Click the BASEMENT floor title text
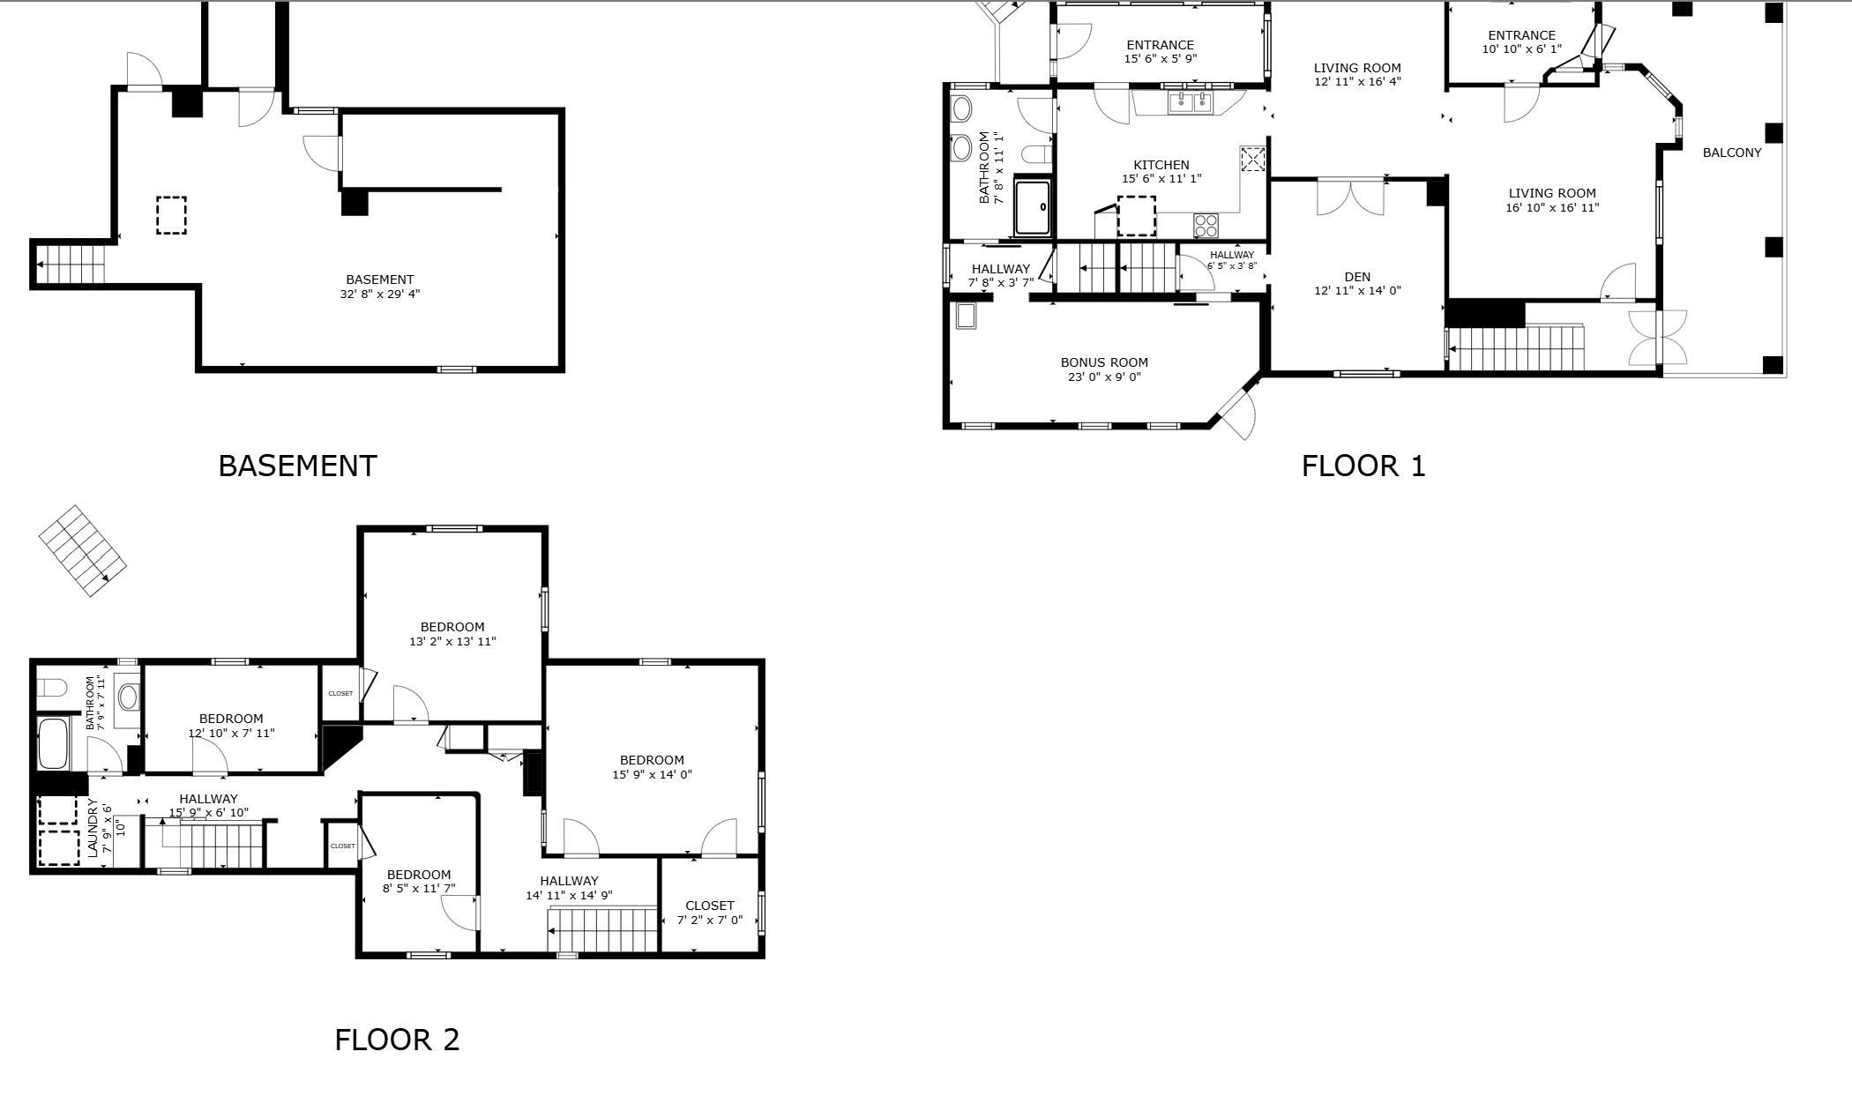297,466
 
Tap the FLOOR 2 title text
397,1040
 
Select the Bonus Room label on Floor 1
1104,362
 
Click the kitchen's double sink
1191,102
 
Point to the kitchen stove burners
1206,226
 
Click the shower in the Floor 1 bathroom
1032,207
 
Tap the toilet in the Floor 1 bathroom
1035,155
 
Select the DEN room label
1357,277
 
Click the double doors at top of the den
1350,198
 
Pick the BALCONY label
1731,153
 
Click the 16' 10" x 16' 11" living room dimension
1552,208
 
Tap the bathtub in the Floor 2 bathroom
54,743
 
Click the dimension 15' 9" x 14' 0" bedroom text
652,775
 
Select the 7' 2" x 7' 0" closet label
709,920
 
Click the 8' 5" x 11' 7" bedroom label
418,889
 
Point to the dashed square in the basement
171,215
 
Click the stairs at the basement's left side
69,264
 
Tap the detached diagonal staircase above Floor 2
83,550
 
